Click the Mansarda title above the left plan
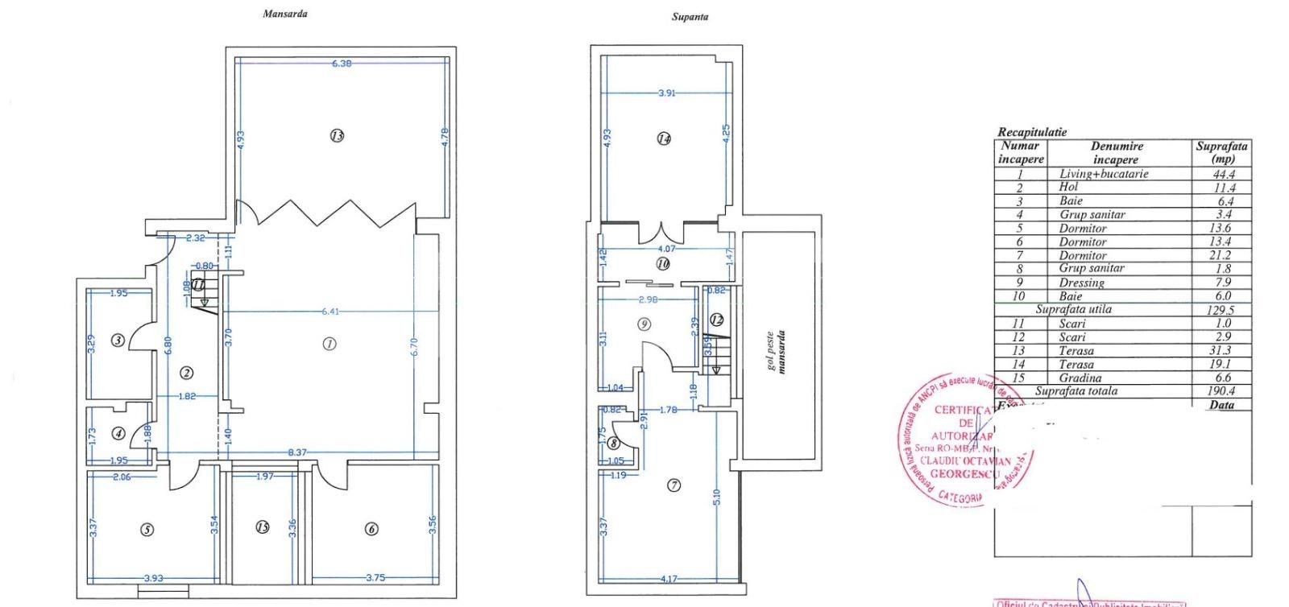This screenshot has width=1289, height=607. (284, 14)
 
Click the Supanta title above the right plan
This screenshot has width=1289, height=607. (690, 16)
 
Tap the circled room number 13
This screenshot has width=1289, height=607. (337, 135)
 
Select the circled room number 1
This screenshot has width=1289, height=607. (329, 344)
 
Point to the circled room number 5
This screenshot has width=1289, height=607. (147, 530)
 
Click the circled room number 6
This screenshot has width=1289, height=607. (371, 529)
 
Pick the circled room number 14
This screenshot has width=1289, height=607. (663, 138)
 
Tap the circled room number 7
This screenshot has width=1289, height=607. (674, 485)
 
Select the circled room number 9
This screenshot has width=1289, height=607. (643, 324)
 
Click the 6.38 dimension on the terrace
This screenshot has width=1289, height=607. (342, 63)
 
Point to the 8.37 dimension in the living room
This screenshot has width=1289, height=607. (297, 452)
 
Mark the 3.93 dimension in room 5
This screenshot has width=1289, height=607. (154, 578)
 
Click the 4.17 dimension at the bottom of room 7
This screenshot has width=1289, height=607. (668, 578)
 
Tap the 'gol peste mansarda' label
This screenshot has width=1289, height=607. (777, 352)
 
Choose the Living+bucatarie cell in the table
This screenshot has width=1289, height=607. (1103, 174)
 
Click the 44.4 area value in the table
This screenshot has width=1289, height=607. (1222, 174)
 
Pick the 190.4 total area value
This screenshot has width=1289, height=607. (1222, 391)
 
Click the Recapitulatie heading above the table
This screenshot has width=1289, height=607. (1031, 132)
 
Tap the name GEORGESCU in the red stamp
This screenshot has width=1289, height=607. (964, 474)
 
